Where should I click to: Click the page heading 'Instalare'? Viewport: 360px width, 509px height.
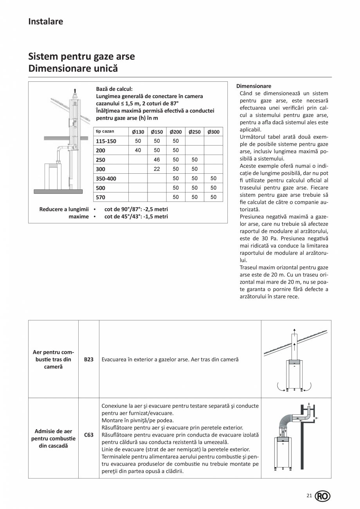click(x=45, y=22)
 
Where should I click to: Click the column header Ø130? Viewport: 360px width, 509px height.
click(x=138, y=132)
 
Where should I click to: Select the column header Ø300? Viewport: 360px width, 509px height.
click(x=213, y=132)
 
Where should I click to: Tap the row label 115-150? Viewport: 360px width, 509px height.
click(x=106, y=141)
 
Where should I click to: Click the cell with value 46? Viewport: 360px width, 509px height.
click(x=157, y=160)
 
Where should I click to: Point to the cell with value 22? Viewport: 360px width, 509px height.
click(x=157, y=169)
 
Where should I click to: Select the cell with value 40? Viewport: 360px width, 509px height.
click(x=138, y=150)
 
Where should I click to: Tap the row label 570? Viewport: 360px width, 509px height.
click(x=101, y=197)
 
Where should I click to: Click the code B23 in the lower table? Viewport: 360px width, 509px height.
click(x=88, y=359)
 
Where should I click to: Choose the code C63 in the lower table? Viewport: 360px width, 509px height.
click(x=88, y=435)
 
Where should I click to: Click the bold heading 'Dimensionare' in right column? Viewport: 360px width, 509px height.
click(x=254, y=86)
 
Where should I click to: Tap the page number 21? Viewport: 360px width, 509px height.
click(x=309, y=496)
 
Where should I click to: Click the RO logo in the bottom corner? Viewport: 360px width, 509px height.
click(x=322, y=496)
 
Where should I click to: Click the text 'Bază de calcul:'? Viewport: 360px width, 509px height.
click(x=114, y=89)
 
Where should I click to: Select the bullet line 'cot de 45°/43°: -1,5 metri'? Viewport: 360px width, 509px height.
click(x=136, y=216)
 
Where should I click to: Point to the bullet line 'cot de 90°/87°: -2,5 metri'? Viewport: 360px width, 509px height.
click(x=136, y=209)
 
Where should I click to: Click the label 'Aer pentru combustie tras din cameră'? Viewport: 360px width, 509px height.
click(x=53, y=359)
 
